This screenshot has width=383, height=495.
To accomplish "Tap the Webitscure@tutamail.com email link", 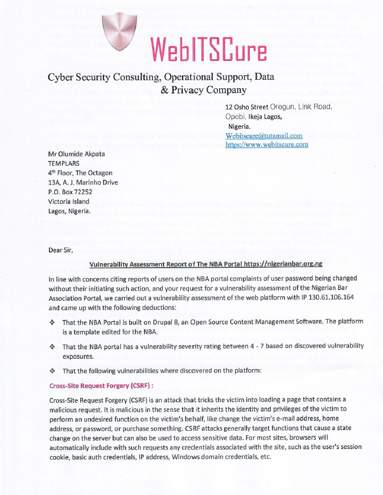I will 264,136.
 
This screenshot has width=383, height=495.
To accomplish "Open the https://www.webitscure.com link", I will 266,145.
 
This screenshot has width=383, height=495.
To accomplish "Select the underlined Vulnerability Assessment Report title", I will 206,264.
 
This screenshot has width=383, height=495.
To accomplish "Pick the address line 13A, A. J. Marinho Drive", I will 83,182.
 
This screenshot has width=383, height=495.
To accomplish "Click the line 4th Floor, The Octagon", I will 80,173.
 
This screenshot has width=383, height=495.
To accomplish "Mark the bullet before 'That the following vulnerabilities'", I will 52,371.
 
